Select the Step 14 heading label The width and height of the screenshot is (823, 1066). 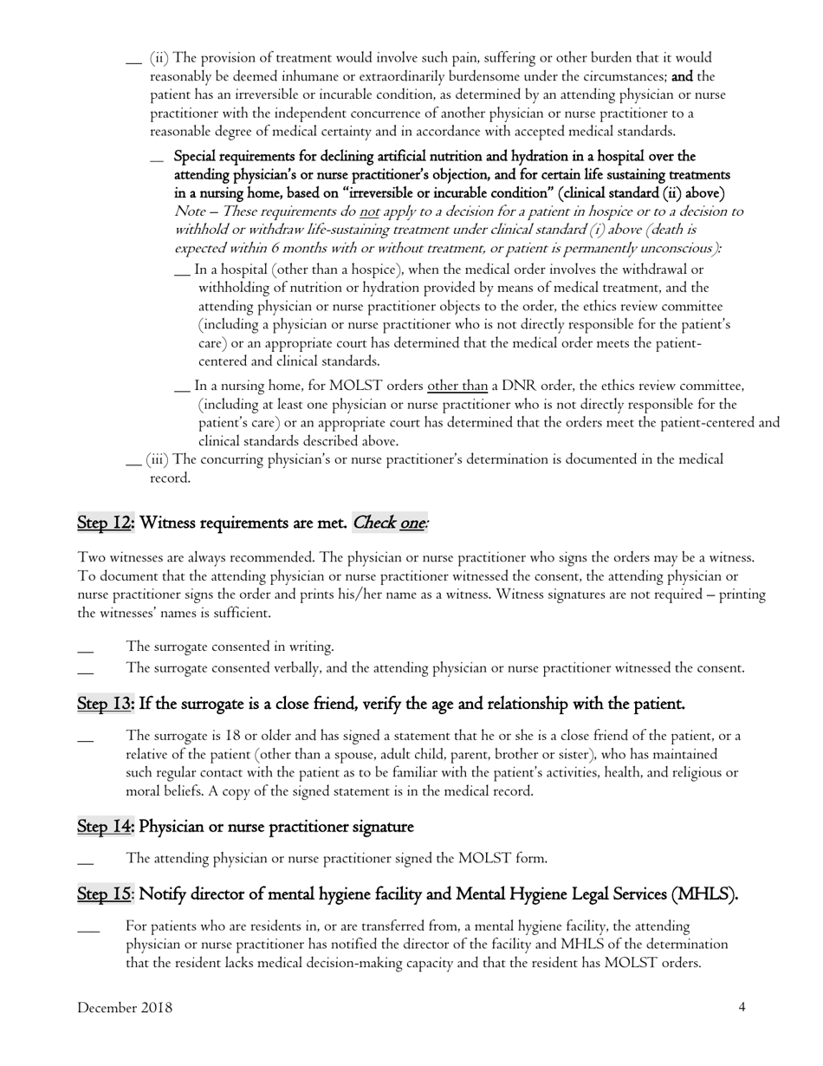pos(106,827)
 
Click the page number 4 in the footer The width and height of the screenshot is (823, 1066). pos(742,1007)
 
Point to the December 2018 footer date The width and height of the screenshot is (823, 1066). pos(125,1007)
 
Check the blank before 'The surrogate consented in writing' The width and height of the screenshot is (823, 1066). pos(85,649)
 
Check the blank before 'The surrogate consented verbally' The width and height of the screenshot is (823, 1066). pos(85,671)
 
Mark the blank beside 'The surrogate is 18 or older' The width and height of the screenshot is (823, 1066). pos(85,739)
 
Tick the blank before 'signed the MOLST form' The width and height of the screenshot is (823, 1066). pos(85,861)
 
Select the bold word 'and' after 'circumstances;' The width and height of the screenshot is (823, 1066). pos(681,76)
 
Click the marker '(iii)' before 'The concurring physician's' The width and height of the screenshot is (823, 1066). pos(158,459)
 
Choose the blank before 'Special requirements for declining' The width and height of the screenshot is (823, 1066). pos(157,159)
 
